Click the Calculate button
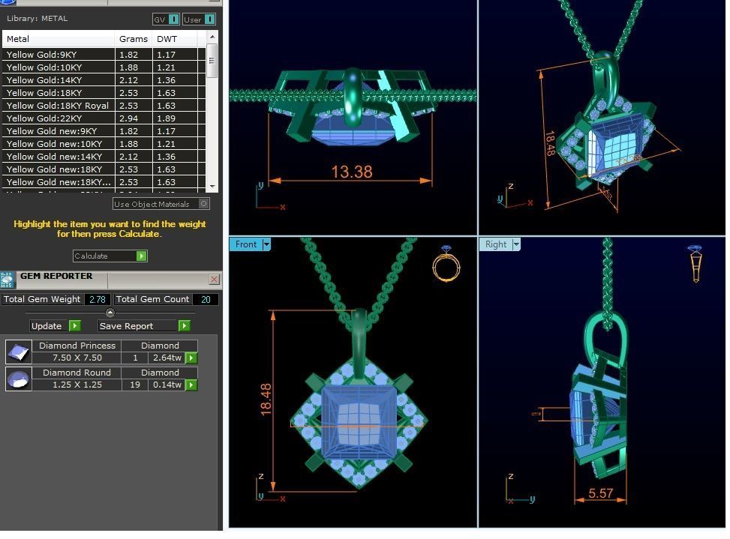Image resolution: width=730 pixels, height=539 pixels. [110, 256]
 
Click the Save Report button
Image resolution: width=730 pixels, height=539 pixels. [143, 326]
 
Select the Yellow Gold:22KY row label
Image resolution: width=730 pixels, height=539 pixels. [44, 118]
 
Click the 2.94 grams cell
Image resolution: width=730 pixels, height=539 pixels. [134, 118]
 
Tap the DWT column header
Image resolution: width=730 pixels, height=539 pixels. [167, 38]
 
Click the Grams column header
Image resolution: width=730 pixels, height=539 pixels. [133, 38]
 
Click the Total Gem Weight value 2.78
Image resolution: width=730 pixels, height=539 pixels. [98, 299]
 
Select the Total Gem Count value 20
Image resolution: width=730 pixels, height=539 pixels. [205, 299]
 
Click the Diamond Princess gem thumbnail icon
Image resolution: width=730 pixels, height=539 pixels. [18, 352]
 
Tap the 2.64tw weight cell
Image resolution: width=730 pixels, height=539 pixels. [167, 358]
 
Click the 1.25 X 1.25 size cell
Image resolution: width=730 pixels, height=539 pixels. [77, 385]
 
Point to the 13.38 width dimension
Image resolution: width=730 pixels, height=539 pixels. [351, 172]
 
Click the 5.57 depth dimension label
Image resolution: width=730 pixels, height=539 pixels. [601, 493]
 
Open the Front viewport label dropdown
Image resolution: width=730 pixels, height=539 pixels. [266, 244]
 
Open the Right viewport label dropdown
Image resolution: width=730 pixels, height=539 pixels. [515, 244]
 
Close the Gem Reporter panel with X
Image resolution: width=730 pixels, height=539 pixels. [214, 280]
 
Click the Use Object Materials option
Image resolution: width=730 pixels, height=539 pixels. [161, 204]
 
